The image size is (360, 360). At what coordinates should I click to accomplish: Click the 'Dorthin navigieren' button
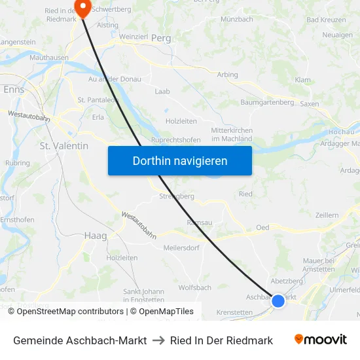click(180, 160)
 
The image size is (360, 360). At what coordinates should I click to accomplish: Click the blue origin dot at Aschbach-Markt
click(278, 301)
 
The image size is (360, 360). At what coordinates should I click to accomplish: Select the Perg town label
click(161, 39)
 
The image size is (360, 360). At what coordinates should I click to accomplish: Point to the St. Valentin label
click(64, 146)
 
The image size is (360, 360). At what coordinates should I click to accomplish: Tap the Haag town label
click(96, 236)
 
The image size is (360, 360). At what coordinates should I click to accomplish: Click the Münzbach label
click(237, 20)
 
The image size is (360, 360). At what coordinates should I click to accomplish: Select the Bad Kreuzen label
click(321, 20)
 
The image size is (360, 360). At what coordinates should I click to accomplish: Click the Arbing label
click(228, 75)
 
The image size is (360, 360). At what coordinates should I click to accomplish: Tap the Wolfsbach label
click(194, 287)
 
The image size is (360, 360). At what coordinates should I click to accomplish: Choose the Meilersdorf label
click(181, 247)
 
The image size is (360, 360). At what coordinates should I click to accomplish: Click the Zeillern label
click(327, 215)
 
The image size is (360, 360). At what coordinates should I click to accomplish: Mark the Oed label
click(262, 228)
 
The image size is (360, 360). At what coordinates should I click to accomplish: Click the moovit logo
click(321, 340)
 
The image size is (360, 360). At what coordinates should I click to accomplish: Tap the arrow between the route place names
click(158, 340)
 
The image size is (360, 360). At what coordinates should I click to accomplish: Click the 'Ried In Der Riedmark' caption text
click(221, 340)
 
